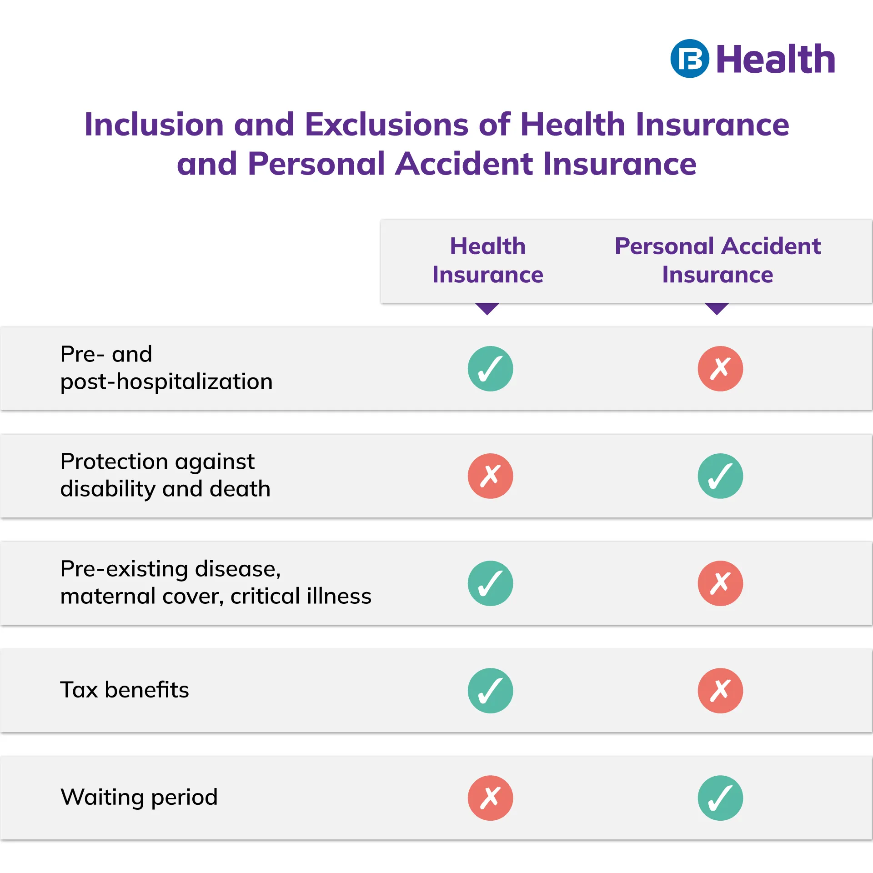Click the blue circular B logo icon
[x=689, y=59]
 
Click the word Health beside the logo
[x=776, y=59]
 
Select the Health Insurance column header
[x=488, y=260]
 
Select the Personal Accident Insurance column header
[x=717, y=260]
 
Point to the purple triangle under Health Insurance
[x=487, y=309]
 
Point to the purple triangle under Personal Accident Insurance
[x=717, y=309]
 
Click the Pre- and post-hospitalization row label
[x=166, y=368]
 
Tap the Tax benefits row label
[x=125, y=690]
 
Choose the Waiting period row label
[x=139, y=798]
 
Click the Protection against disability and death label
[x=166, y=475]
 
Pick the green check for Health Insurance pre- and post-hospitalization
[x=491, y=369]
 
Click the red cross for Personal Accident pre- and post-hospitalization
[x=721, y=369]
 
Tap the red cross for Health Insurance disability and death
[x=491, y=476]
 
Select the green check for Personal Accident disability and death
[x=721, y=476]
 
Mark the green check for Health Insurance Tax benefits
[x=491, y=691]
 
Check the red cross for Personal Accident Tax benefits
[x=721, y=691]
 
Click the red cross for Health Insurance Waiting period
[x=491, y=798]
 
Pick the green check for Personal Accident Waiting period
[x=721, y=798]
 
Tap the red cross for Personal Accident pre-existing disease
[x=721, y=583]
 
